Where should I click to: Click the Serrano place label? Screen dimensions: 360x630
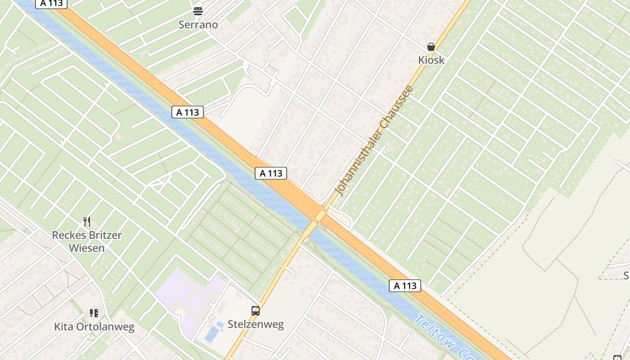[198, 25]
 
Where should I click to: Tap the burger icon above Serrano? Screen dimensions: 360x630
[198, 11]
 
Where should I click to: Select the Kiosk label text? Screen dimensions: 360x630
[431, 60]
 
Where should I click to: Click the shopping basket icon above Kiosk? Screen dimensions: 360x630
[431, 47]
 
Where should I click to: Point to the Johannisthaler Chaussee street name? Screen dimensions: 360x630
[375, 140]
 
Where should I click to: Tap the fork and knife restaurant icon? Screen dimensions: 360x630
[87, 222]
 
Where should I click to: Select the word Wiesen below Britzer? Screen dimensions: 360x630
[87, 248]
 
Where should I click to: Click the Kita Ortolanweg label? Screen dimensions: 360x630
[94, 327]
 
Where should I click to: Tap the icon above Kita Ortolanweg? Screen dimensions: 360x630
[94, 313]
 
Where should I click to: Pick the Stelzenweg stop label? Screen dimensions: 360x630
[256, 324]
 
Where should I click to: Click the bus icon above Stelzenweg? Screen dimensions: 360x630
[256, 310]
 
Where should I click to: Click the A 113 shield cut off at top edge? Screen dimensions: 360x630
[51, 4]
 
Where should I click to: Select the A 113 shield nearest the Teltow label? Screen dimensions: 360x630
[405, 286]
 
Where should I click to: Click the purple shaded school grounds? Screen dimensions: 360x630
[189, 297]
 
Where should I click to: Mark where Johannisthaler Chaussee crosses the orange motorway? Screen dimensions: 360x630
[320, 215]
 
